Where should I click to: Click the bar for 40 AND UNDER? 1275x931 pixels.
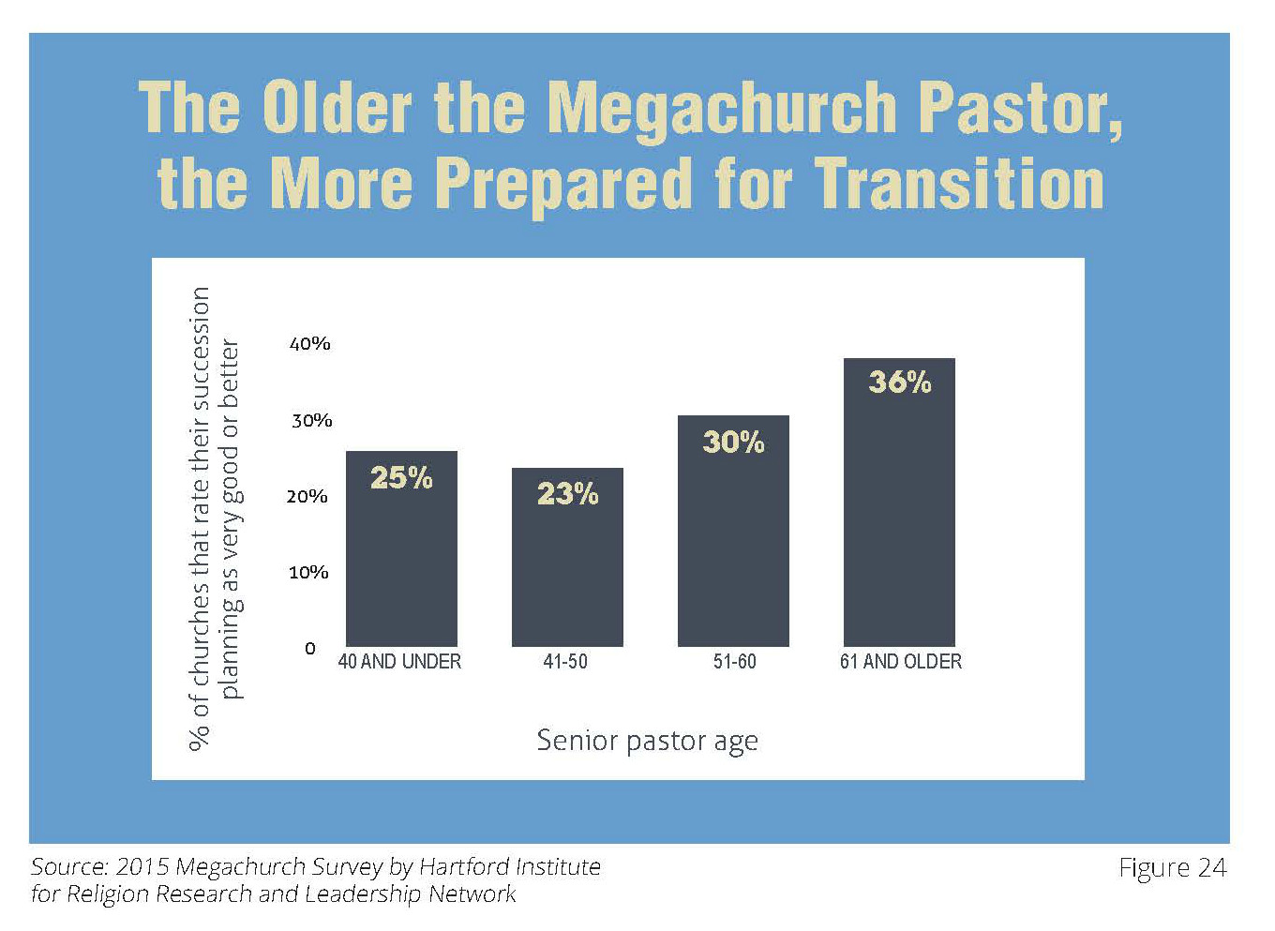coord(401,563)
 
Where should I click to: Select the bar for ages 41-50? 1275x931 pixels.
coord(567,572)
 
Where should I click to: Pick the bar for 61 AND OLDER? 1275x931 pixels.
coord(899,516)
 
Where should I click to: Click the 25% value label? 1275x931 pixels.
coord(401,478)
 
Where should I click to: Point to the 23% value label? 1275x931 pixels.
coord(567,494)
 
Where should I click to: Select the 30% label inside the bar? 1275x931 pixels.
coord(733,442)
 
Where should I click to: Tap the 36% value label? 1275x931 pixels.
coord(899,382)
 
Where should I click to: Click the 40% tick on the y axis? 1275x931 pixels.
coord(310,344)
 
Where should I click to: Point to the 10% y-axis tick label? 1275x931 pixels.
coord(308,572)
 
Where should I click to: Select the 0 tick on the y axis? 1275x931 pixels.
coord(310,648)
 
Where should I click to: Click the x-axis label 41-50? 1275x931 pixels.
coord(565,662)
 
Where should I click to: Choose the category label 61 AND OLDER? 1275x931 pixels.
coord(900,662)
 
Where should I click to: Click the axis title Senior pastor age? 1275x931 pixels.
coord(647,741)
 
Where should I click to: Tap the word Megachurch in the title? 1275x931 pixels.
coord(722,109)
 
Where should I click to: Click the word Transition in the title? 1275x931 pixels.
coord(959,183)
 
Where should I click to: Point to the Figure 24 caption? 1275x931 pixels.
coord(1172,868)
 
